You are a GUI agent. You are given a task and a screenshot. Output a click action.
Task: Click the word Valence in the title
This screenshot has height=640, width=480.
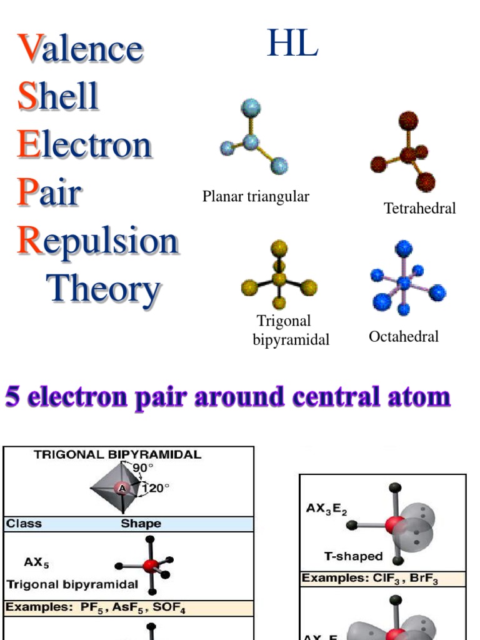pyautogui.click(x=80, y=49)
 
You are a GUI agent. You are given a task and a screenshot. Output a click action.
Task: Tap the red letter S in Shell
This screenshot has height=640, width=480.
pyautogui.click(x=27, y=97)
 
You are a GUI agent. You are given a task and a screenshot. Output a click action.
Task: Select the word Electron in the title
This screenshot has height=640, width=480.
pyautogui.click(x=84, y=144)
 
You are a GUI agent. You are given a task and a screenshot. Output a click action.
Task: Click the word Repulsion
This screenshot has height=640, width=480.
pyautogui.click(x=97, y=241)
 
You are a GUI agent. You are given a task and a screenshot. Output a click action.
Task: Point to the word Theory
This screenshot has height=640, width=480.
pyautogui.click(x=103, y=289)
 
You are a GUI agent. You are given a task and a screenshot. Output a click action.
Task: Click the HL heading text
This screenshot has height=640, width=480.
pyautogui.click(x=292, y=44)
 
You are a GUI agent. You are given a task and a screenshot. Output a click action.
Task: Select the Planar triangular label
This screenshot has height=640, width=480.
pyautogui.click(x=256, y=197)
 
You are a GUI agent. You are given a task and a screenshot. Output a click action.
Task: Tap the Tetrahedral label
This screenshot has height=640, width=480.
pyautogui.click(x=419, y=208)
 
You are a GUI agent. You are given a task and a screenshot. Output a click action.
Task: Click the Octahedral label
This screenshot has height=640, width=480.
pyautogui.click(x=403, y=337)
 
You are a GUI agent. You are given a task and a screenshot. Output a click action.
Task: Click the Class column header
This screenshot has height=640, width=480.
pyautogui.click(x=24, y=524)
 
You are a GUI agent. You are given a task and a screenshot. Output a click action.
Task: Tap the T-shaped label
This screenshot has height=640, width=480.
pyautogui.click(x=353, y=556)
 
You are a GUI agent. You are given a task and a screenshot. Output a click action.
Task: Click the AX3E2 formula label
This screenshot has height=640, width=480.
pyautogui.click(x=326, y=509)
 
